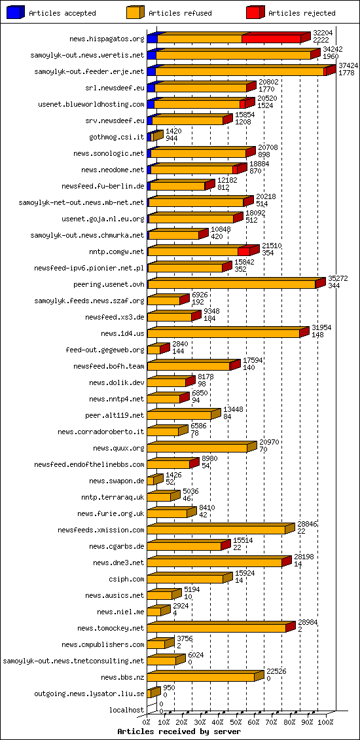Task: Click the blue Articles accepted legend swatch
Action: tap(15, 12)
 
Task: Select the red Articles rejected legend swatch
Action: tap(255, 12)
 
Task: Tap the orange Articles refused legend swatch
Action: tap(135, 12)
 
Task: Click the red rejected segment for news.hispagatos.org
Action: tap(271, 39)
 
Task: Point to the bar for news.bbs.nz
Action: tap(200, 677)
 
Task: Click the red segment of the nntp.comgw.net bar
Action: tap(243, 251)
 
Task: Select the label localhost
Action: tap(127, 710)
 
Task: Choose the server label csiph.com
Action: tap(126, 579)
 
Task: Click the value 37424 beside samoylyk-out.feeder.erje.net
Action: tap(348, 65)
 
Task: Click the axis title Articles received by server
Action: tap(179, 731)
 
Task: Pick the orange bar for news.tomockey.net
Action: tap(216, 628)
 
